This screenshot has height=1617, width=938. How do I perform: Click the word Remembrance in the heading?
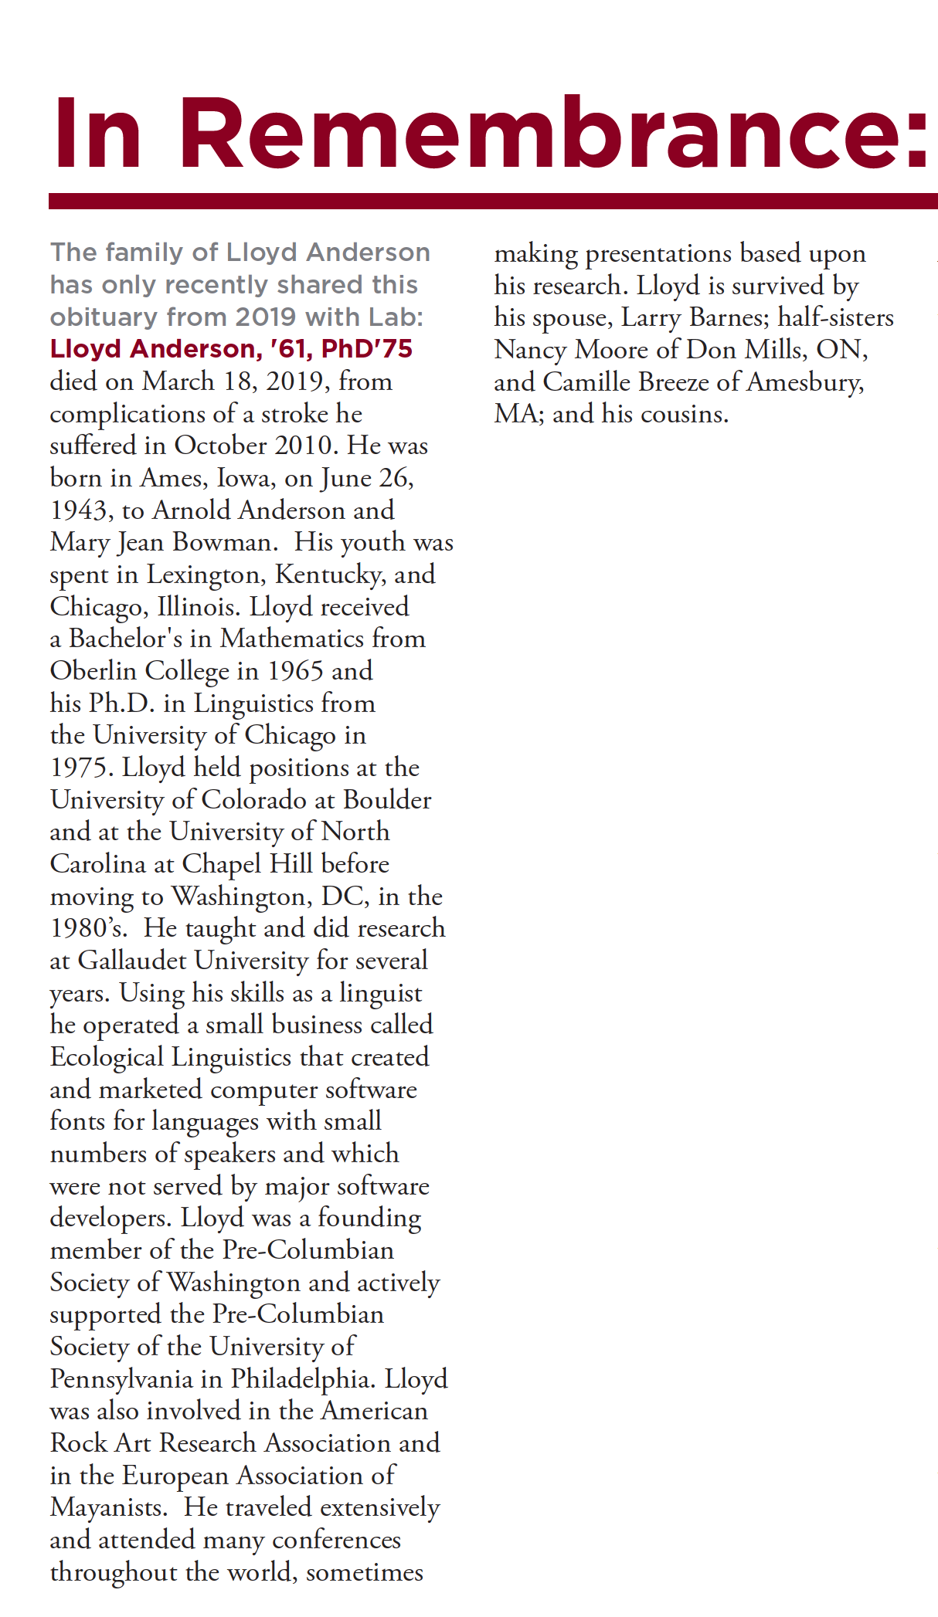click(552, 133)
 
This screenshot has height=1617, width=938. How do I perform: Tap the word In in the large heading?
click(97, 133)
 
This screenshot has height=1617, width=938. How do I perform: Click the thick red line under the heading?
click(493, 202)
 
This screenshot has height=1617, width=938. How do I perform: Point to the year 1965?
click(295, 671)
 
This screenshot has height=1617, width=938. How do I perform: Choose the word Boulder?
click(387, 800)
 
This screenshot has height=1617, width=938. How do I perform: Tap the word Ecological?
click(107, 1057)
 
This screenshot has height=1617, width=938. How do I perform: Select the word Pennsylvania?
click(136, 1379)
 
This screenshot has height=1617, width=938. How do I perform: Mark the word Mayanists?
click(108, 1507)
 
